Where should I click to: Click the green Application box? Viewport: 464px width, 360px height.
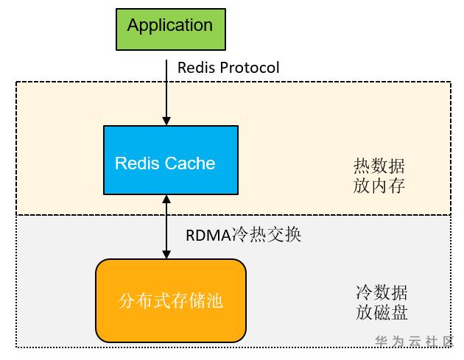click(x=169, y=29)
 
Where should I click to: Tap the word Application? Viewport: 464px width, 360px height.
click(x=169, y=25)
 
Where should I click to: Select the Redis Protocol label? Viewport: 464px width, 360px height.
click(x=228, y=68)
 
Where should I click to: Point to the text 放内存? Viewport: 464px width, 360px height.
click(x=379, y=186)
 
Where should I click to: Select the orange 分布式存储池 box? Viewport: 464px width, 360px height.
click(x=170, y=300)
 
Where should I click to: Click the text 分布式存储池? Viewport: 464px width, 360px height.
click(x=170, y=300)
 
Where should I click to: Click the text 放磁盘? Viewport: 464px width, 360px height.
click(x=381, y=312)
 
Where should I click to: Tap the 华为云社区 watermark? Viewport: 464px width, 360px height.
click(x=415, y=342)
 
